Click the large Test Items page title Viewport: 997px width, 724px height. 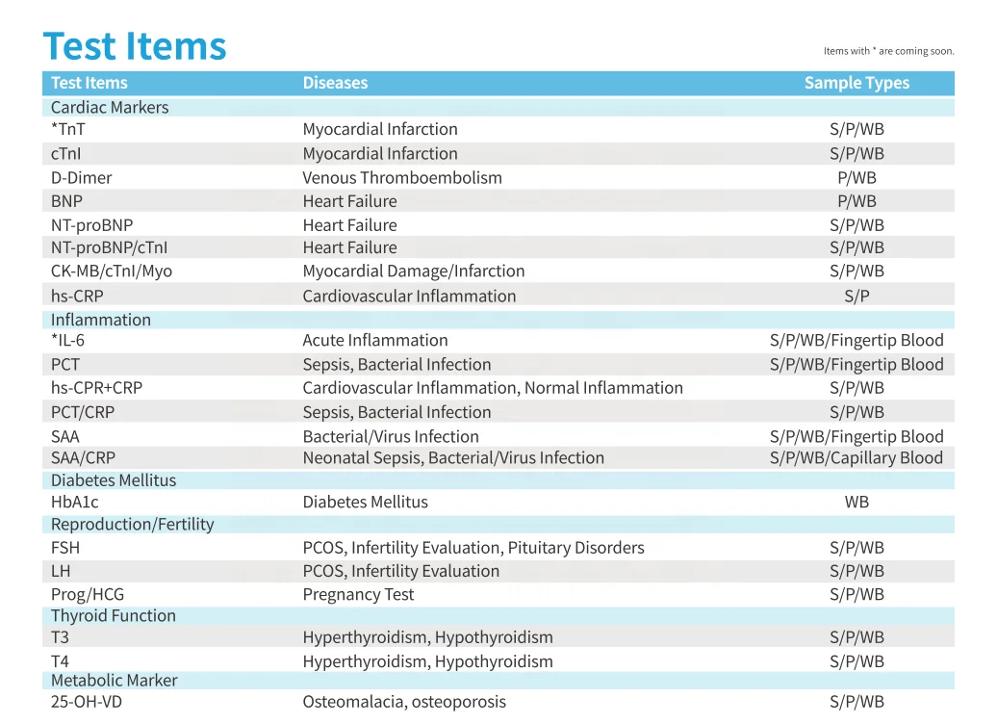click(x=135, y=46)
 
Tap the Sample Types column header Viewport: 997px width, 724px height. click(x=856, y=83)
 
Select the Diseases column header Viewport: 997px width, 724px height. click(x=335, y=83)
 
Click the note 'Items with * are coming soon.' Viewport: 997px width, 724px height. click(x=888, y=51)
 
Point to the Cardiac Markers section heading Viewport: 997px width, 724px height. click(x=110, y=107)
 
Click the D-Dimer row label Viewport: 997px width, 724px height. click(x=81, y=177)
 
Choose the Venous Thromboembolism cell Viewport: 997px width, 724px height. click(x=402, y=177)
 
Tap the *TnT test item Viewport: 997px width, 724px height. click(x=68, y=129)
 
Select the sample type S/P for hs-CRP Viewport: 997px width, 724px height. click(x=856, y=296)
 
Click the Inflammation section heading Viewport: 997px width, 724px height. click(x=101, y=320)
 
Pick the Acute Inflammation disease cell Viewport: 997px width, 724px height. click(x=375, y=340)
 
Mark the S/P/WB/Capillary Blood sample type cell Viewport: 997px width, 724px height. click(x=856, y=457)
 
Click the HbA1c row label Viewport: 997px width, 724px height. click(x=75, y=502)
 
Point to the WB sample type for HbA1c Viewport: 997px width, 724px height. click(x=856, y=502)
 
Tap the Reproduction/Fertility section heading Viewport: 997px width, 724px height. click(x=133, y=524)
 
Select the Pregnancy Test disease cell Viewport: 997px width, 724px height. click(x=358, y=594)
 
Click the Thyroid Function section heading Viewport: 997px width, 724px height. click(x=114, y=615)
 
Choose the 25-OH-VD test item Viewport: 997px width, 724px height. click(x=87, y=702)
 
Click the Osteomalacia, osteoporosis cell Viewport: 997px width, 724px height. click(x=404, y=702)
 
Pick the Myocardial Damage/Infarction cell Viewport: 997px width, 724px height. click(x=414, y=271)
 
